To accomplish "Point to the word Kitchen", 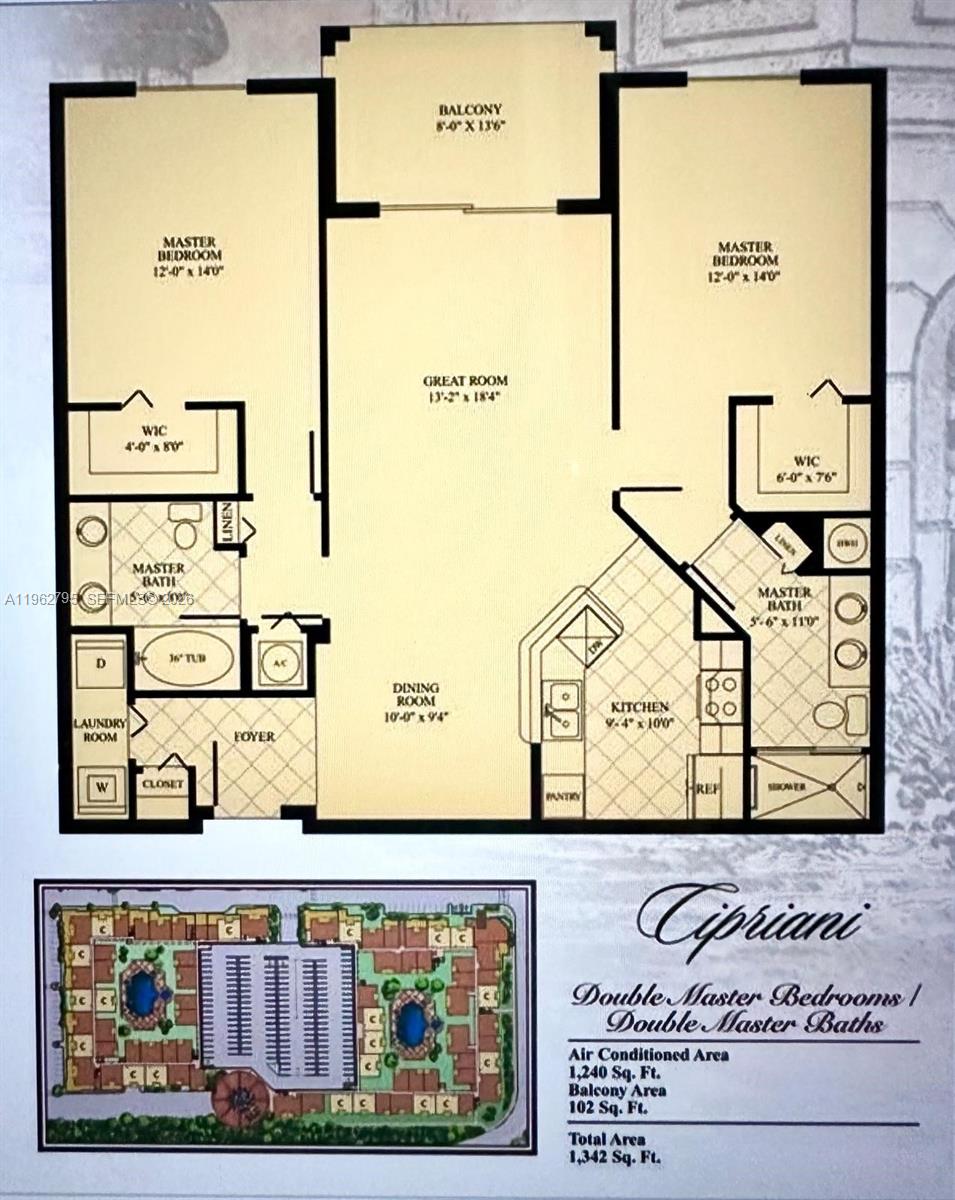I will click(641, 707).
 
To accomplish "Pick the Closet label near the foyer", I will click(162, 785).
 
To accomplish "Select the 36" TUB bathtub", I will click(186, 658).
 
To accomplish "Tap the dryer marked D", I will click(100, 663).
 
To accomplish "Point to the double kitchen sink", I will click(562, 708).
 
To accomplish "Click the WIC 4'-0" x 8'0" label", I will click(154, 441).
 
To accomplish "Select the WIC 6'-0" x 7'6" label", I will click(807, 468).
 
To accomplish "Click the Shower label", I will click(788, 787).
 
